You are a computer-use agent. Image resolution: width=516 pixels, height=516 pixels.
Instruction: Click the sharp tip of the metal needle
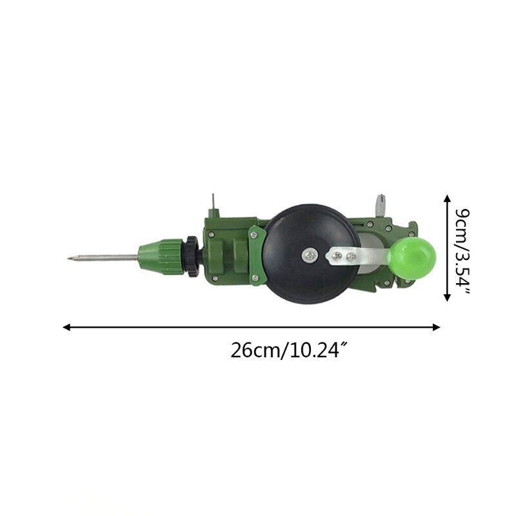tap(68, 260)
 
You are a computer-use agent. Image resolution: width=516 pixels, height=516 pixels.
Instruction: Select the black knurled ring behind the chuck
tap(192, 256)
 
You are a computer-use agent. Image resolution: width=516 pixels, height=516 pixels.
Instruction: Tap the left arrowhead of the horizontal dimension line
tap(66, 327)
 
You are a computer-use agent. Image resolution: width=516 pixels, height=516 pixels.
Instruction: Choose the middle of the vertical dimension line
tap(446, 248)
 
